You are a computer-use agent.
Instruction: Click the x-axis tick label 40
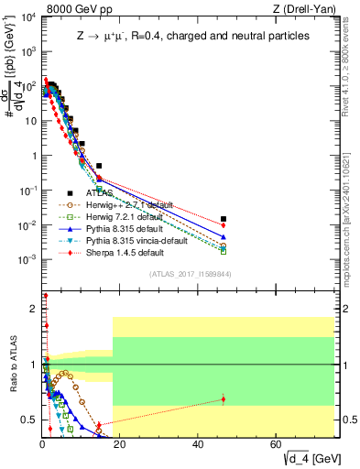click(199, 444)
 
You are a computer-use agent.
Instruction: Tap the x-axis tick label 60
click(277, 444)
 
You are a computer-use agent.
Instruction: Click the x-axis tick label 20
click(121, 444)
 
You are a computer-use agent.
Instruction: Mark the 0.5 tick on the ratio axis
click(31, 420)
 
